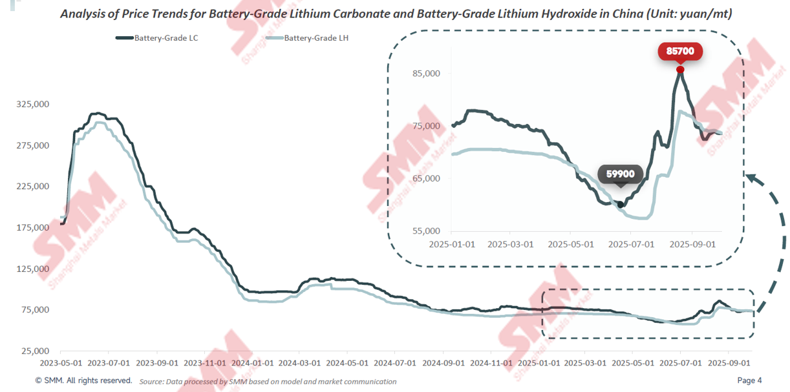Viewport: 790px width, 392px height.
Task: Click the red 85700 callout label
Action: click(679, 50)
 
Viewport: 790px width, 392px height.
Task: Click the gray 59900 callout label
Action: click(620, 174)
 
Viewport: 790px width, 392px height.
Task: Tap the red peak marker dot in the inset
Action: click(680, 70)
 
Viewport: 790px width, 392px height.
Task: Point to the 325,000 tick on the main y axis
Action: click(32, 104)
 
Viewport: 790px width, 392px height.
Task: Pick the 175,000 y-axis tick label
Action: click(32, 227)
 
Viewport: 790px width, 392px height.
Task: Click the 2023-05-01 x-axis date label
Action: click(62, 363)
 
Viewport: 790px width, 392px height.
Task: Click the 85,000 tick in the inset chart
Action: click(426, 73)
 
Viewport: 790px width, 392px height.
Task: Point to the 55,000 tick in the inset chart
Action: click(426, 231)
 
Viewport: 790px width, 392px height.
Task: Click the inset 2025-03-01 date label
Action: click(510, 244)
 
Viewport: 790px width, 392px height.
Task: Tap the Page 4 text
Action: click(750, 380)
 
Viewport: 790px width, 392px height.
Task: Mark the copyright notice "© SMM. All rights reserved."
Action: click(83, 380)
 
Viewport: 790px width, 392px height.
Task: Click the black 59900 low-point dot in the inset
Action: click(621, 205)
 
